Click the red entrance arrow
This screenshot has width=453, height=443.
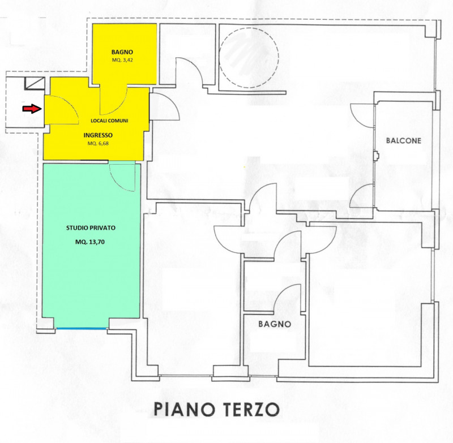pos(32,109)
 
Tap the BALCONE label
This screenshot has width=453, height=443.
pos(404,140)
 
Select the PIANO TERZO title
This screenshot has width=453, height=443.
pos(217,409)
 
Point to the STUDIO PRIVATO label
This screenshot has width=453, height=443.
pos(91,227)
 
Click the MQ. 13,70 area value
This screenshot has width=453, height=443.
pos(90,242)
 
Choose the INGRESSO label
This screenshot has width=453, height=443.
pos(98,135)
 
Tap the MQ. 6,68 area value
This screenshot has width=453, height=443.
pos(98,144)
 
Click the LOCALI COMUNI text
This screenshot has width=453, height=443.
pos(109,121)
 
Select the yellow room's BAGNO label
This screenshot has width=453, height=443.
pos(122,52)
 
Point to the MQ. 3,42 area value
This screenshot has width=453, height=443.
pos(122,61)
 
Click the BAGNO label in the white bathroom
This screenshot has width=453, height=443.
pos(275,324)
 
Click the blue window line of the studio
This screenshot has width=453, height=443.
pos(81,328)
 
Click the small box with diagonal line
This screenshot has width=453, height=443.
pos(35,84)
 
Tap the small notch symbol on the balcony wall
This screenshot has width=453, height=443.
pos(376,156)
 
